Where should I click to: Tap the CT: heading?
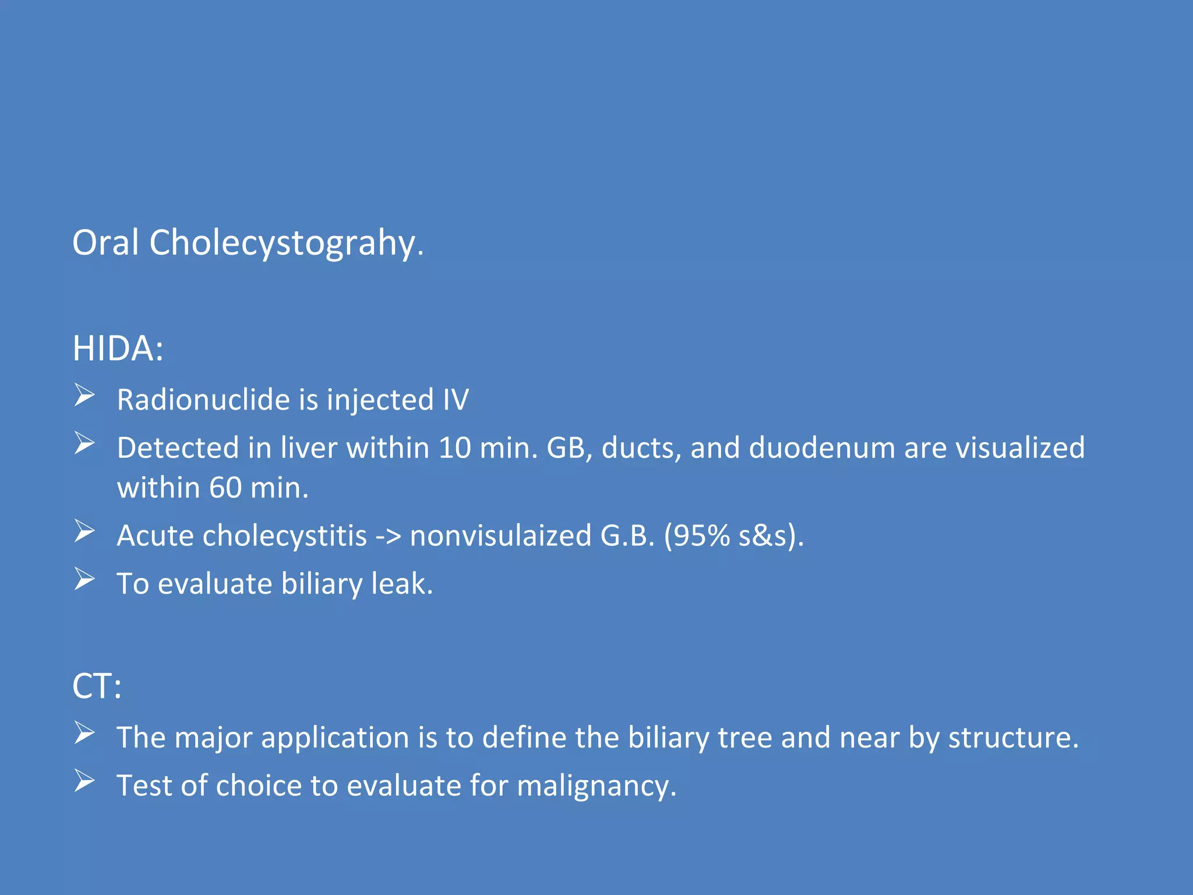pos(97,686)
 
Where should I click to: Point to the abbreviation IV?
pos(456,400)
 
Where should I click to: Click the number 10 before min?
pos(454,448)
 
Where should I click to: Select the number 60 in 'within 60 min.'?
pos(225,488)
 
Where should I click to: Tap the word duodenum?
pos(822,448)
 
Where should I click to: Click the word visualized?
pos(1020,448)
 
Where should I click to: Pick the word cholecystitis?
pos(284,535)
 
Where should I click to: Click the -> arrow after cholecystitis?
pos(388,537)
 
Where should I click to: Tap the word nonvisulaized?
pos(500,535)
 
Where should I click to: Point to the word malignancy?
pos(596,786)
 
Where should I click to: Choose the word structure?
pos(1013,738)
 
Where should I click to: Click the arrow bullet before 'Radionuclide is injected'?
pos(84,396)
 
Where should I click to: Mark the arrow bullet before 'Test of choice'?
pos(84,782)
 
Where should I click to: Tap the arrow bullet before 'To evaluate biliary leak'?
pos(84,580)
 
